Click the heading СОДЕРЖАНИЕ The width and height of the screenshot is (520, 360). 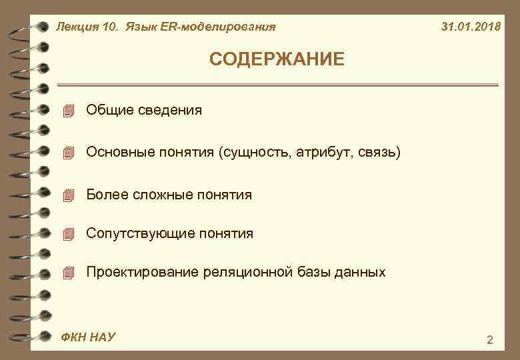pyautogui.click(x=277, y=60)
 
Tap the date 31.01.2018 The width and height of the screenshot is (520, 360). pyautogui.click(x=471, y=27)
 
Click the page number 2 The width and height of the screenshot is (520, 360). pyautogui.click(x=490, y=341)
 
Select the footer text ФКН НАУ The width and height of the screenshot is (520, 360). pyautogui.click(x=87, y=337)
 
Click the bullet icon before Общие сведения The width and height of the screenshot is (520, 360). pyautogui.click(x=67, y=111)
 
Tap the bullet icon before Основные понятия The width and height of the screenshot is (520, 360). pyautogui.click(x=67, y=153)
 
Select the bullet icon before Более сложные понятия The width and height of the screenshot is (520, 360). pyautogui.click(x=67, y=196)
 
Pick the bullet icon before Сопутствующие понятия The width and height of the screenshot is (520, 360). pyautogui.click(x=67, y=234)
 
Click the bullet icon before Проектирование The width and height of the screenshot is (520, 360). pyautogui.click(x=67, y=273)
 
